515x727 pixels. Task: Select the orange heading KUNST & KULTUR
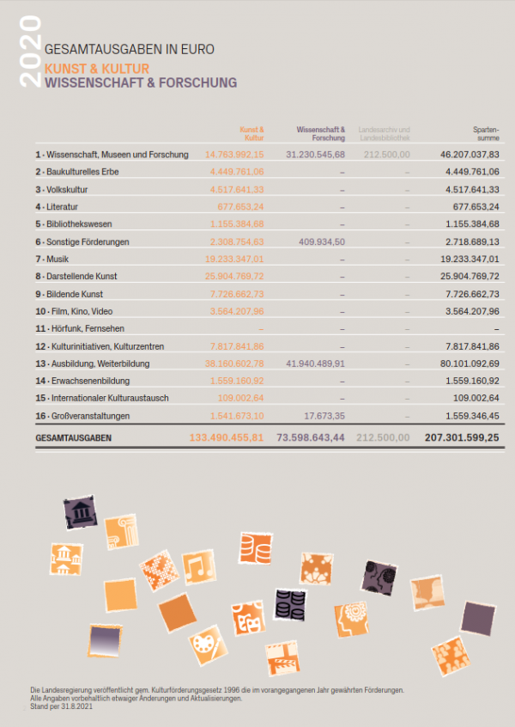point(97,68)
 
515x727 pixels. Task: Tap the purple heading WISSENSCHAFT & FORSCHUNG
point(141,83)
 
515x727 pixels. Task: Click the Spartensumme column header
point(487,133)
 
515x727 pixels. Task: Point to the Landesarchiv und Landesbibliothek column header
point(385,133)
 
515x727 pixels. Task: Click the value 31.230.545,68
point(315,154)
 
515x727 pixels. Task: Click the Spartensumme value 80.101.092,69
point(470,364)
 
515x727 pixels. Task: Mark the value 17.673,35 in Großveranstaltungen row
point(324,417)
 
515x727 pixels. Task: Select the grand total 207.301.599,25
point(462,438)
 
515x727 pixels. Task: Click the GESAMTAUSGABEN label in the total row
point(74,438)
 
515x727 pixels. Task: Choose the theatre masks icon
point(247,617)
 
